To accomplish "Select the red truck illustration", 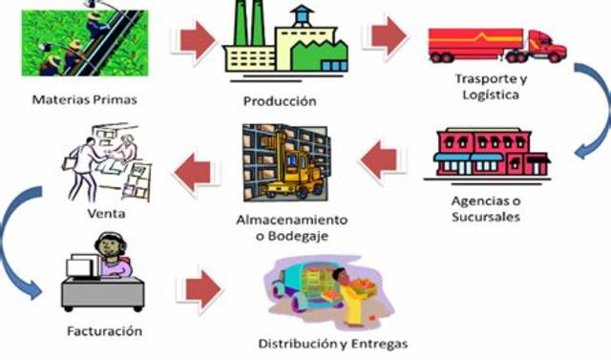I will pyautogui.click(x=496, y=43).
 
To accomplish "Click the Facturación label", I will pyautogui.click(x=105, y=331).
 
